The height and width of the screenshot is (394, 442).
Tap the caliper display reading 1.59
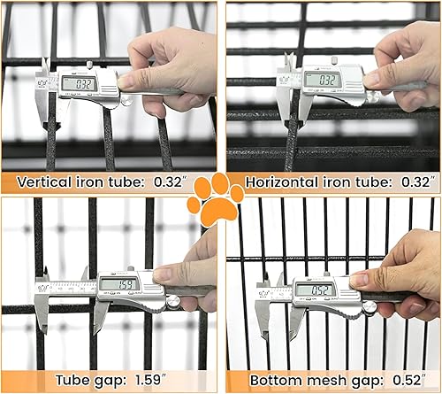pyautogui.click(x=115, y=283)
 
